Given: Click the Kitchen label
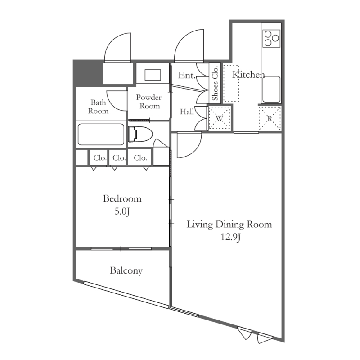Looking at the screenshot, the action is click(248, 75).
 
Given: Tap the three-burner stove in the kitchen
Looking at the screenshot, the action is click(272, 38).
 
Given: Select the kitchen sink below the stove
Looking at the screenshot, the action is click(271, 90).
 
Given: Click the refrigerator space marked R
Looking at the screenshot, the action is click(270, 119).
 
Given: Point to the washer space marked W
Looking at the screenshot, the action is click(220, 118).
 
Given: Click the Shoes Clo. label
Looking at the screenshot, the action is click(215, 83).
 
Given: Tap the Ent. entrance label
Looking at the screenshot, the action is click(187, 75).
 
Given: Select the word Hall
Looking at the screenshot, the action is click(187, 112).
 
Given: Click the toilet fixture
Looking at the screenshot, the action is click(140, 134).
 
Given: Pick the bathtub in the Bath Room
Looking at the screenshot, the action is click(101, 135).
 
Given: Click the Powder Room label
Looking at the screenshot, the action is click(149, 102).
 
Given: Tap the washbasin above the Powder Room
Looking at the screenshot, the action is click(153, 75).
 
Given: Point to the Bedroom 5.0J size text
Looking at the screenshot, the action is click(122, 211).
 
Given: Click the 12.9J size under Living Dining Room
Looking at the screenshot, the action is click(230, 237).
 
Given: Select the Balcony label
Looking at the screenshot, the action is click(126, 271).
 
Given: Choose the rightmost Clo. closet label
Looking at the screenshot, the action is click(140, 158).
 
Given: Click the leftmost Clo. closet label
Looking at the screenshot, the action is click(100, 158).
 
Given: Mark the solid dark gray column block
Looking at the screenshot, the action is click(88, 73).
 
